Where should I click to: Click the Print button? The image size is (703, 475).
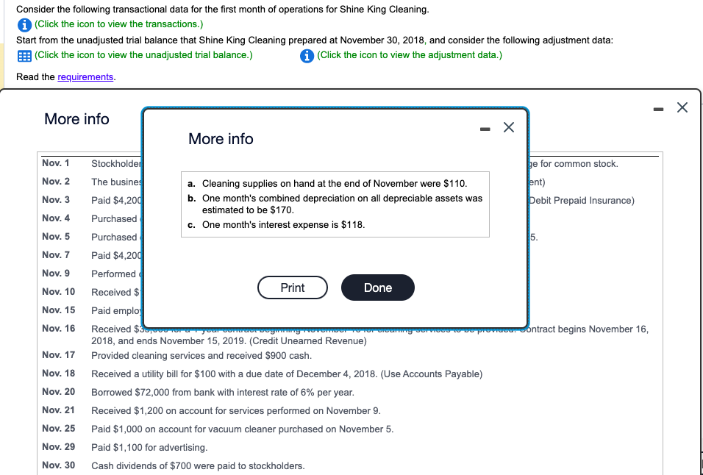pyautogui.click(x=292, y=287)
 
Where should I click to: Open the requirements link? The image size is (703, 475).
pyautogui.click(x=85, y=77)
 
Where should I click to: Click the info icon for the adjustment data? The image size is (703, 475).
pyautogui.click(x=308, y=55)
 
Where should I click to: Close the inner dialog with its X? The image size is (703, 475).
pyautogui.click(x=508, y=128)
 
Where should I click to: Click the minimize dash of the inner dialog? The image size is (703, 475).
pyautogui.click(x=485, y=128)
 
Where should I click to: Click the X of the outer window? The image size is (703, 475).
pyautogui.click(x=682, y=108)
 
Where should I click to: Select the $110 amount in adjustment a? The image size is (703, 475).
pyautogui.click(x=452, y=183)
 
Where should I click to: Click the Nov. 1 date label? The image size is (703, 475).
pyautogui.click(x=56, y=163)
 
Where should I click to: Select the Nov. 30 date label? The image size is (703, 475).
pyautogui.click(x=59, y=465)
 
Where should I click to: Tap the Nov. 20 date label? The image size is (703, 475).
pyautogui.click(x=59, y=392)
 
